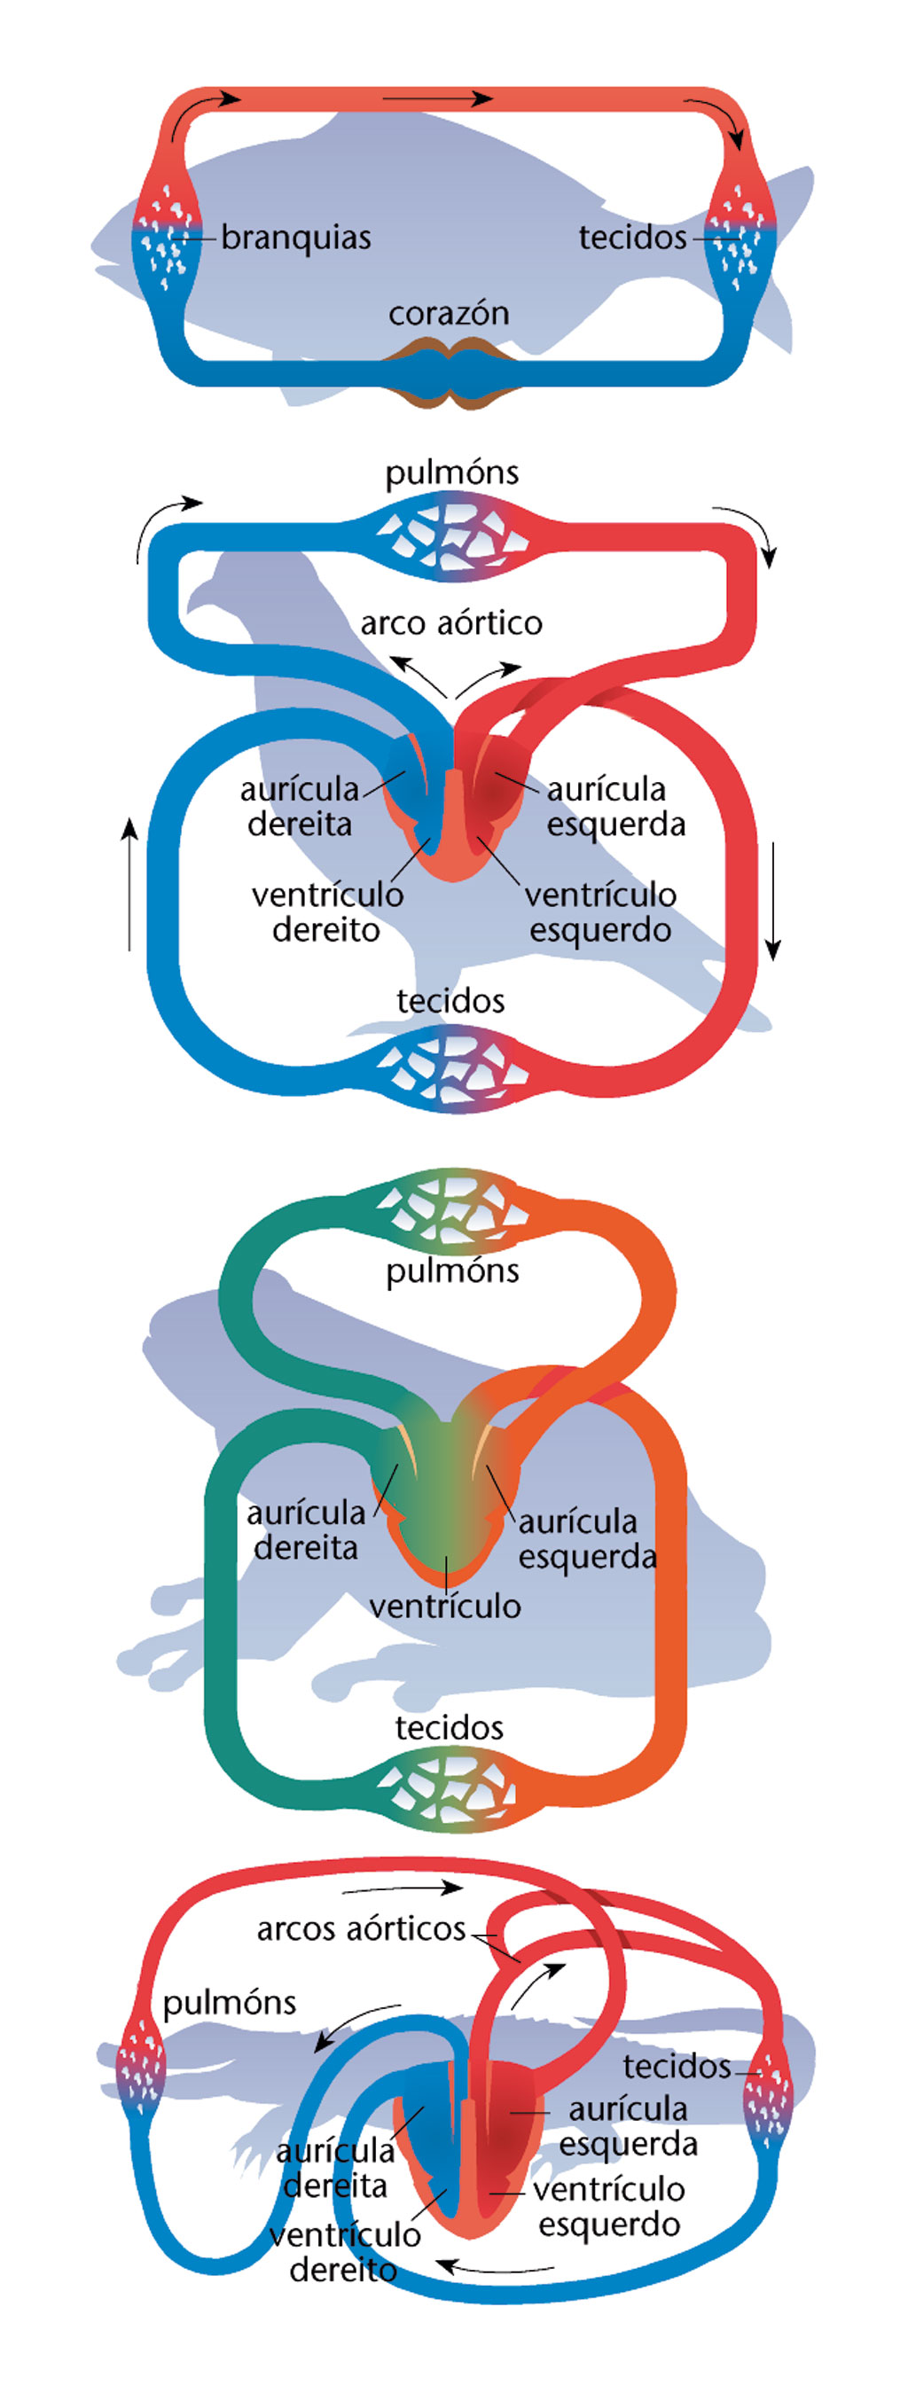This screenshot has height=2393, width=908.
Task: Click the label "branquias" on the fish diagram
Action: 295,238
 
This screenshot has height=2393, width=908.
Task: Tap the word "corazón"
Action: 449,313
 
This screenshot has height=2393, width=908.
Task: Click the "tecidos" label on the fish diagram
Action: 632,238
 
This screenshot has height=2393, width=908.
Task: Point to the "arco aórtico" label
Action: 450,622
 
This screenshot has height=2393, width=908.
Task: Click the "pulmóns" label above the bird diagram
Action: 451,473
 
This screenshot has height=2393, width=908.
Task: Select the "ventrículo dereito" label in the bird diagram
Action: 327,911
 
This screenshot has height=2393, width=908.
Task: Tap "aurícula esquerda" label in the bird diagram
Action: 615,806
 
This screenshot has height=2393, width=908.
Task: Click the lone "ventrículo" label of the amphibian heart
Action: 445,1606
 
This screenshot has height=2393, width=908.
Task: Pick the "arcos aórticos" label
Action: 361,1929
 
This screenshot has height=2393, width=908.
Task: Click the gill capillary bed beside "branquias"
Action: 168,238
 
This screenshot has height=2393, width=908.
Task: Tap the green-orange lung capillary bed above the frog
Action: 451,1209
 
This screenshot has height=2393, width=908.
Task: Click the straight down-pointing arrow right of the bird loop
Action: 772,901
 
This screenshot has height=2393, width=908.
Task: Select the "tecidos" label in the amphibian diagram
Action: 449,1728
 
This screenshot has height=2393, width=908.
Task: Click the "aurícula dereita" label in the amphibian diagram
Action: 306,1530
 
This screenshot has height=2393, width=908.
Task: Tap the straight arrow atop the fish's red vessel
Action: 437,98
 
